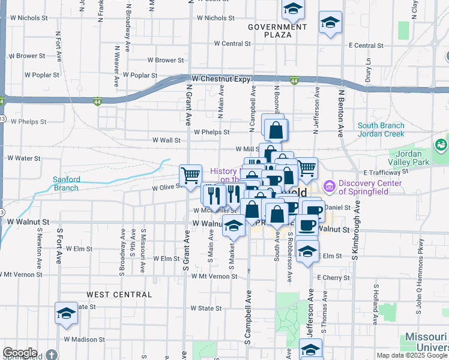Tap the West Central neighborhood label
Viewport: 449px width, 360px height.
point(119,295)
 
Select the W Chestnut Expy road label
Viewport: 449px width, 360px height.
point(220,79)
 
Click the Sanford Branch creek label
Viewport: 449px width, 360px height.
point(65,184)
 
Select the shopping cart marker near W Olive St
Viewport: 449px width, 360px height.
point(190,175)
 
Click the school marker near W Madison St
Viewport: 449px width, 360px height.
point(66,313)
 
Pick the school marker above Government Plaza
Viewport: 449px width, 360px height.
point(293,8)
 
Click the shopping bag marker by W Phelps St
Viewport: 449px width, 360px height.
point(276,129)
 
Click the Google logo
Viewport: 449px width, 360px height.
point(20,353)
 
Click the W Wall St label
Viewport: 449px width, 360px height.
point(166,140)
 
